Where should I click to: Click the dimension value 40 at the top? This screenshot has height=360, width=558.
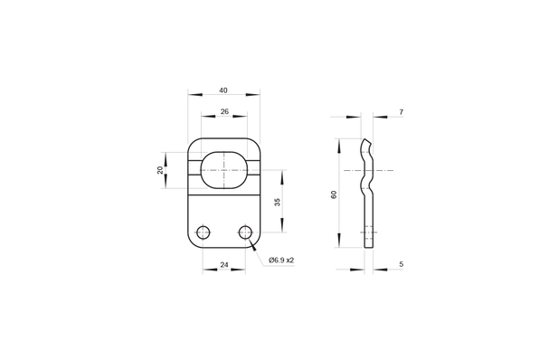tap(222, 90)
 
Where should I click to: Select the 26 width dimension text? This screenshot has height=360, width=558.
tap(222, 112)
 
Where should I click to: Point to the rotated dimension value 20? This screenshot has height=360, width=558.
tap(160, 169)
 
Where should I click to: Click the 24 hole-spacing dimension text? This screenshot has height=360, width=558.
tap(222, 267)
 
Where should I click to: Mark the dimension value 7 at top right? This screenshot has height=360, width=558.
tap(400, 112)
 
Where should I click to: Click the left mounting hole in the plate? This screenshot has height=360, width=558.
tap(203, 232)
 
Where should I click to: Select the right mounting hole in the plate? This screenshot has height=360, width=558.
tap(244, 232)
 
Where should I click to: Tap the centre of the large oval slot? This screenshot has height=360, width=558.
tap(223, 169)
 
